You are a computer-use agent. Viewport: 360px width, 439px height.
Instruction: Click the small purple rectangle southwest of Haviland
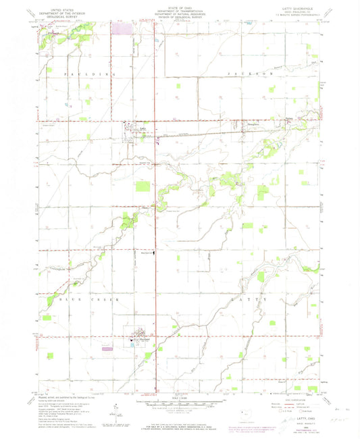[x=105, y=349]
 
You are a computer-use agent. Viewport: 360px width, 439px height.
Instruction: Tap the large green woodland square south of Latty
[x=143, y=186]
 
